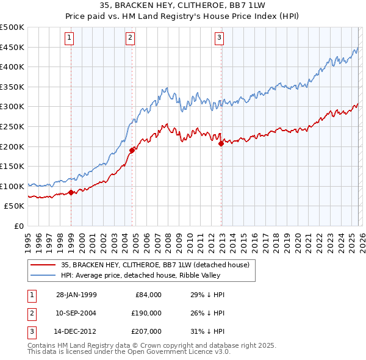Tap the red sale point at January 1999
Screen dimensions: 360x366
(x=71, y=192)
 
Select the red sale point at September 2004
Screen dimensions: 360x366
(x=132, y=149)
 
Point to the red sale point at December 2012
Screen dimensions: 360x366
(x=221, y=143)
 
